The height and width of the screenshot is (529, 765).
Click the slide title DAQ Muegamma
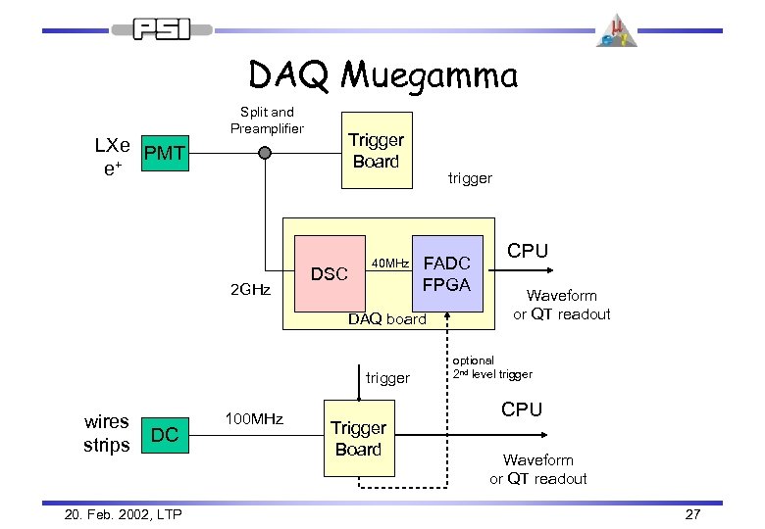click(x=382, y=74)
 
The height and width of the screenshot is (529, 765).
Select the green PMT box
click(x=163, y=154)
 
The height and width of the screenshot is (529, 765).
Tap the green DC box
click(x=166, y=435)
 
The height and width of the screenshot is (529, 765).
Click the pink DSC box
click(x=329, y=273)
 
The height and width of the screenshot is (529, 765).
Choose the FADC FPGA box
click(x=448, y=273)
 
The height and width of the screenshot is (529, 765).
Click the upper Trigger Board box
click(x=377, y=151)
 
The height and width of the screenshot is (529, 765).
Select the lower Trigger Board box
click(x=358, y=438)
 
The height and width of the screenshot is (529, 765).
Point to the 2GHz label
click(x=248, y=290)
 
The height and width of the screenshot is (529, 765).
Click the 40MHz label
click(x=389, y=263)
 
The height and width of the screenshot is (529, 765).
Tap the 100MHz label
click(x=255, y=419)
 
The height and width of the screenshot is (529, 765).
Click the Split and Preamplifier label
click(x=268, y=120)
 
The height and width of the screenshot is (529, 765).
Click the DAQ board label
click(x=387, y=318)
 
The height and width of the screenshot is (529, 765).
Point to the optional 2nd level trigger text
click(x=492, y=367)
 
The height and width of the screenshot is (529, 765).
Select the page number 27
click(x=692, y=514)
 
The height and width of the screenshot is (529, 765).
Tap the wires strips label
click(x=107, y=434)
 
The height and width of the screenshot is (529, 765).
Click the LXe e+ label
click(x=112, y=154)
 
